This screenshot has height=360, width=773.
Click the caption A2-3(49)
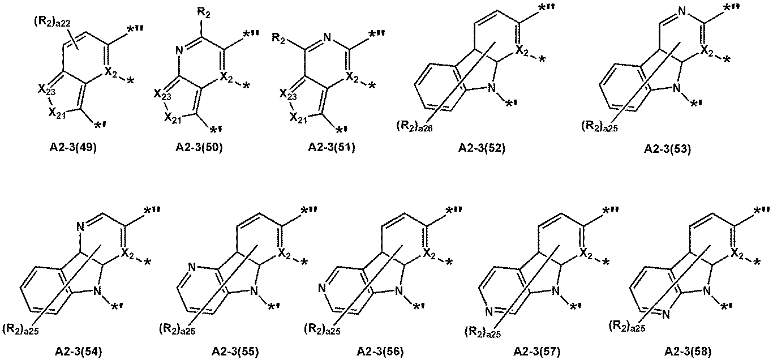tap(73, 147)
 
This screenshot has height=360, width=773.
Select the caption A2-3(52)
tap(482, 148)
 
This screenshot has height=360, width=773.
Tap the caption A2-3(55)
tap(235, 352)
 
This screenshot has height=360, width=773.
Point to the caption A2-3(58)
tap(688, 352)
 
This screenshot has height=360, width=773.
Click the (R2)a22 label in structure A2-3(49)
tap(52, 22)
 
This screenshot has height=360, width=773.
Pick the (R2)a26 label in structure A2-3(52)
tap(414, 127)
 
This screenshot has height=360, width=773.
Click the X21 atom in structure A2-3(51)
tap(298, 118)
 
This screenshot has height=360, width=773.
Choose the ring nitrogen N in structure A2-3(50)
tap(178, 52)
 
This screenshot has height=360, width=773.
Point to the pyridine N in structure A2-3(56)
tap(321, 288)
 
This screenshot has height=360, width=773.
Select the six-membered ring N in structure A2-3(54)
tap(80, 226)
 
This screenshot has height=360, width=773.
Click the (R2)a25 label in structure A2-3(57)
tap(483, 332)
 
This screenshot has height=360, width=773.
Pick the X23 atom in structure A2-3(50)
tap(162, 94)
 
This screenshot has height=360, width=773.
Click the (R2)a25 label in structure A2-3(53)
tap(599, 127)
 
